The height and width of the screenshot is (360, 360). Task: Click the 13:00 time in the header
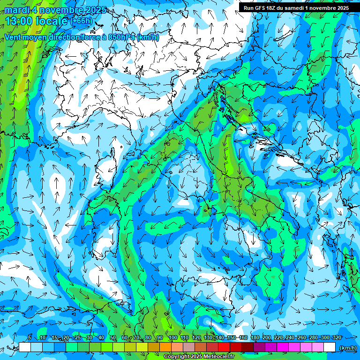tap(17, 21)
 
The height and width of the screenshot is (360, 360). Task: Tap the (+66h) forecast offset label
tap(82, 21)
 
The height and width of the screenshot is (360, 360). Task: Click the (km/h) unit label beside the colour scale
tap(347, 347)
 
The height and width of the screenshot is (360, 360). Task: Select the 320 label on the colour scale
tap(336, 337)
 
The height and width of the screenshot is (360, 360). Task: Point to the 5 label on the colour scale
tap(30, 337)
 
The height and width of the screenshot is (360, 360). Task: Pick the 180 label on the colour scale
tap(255, 337)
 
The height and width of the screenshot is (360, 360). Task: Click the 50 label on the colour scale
tap(113, 337)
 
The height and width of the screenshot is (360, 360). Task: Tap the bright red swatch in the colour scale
tap(224, 347)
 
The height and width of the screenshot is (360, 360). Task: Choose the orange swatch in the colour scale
tap(165, 347)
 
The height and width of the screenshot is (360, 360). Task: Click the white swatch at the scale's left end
tap(25, 347)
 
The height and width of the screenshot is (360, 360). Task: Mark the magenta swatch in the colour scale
tap(283, 347)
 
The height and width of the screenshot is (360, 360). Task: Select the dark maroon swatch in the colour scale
tap(247, 347)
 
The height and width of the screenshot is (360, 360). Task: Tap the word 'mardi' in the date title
tap(15, 10)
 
